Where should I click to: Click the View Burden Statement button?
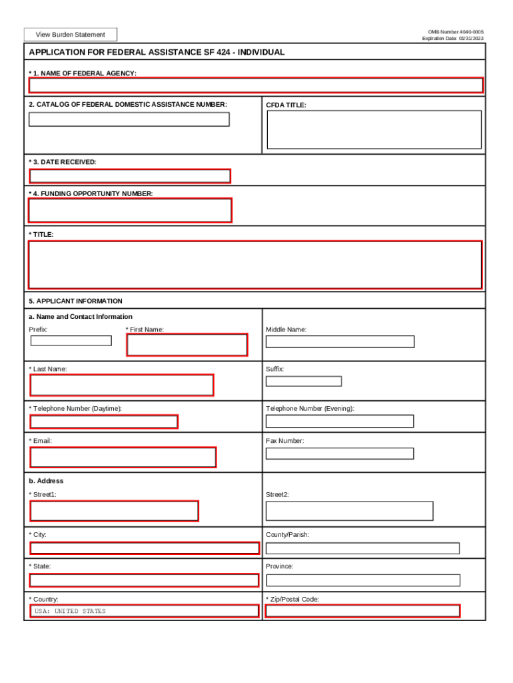[70, 35]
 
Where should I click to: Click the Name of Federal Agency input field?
[256, 85]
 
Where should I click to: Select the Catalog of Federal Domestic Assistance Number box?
[129, 119]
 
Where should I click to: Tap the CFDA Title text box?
[374, 129]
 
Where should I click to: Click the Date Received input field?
[130, 176]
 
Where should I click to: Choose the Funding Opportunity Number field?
[130, 210]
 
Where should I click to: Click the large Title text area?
[255, 265]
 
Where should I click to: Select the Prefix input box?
[71, 341]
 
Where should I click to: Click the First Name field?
[187, 345]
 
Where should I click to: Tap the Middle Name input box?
[340, 341]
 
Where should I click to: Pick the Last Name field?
[122, 386]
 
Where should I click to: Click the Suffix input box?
[303, 382]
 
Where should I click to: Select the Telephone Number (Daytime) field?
[104, 422]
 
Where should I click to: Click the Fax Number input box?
[339, 454]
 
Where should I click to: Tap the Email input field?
[123, 458]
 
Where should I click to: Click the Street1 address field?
[114, 511]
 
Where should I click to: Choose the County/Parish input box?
[362, 548]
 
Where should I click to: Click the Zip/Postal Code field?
[362, 611]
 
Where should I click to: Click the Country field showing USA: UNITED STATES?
[144, 611]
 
